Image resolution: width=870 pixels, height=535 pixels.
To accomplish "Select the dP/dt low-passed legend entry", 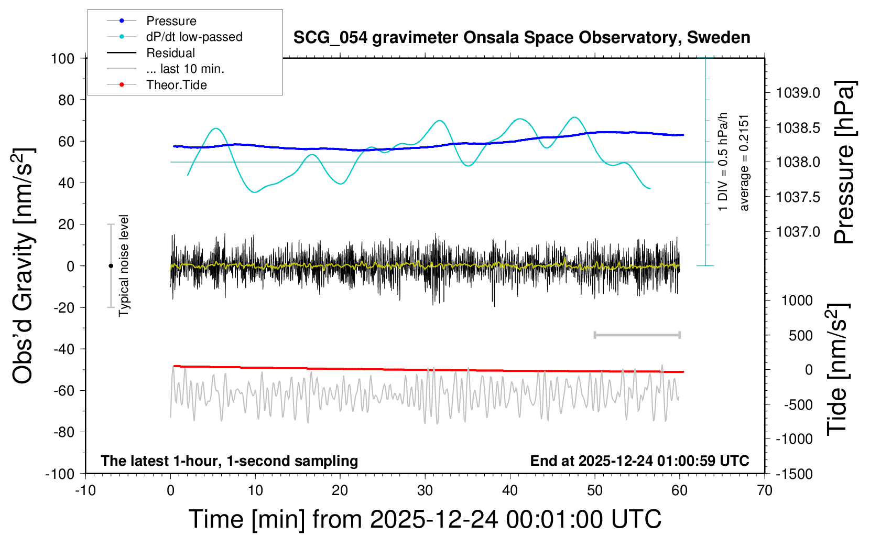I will [x=194, y=37].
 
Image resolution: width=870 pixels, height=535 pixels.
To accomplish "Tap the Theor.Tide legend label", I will [x=176, y=85].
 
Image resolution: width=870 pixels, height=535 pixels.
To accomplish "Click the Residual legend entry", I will [x=170, y=53].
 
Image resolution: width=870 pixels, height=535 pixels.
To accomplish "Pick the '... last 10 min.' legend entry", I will [x=185, y=69].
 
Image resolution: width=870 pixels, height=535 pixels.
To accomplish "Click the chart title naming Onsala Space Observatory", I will [x=521, y=38].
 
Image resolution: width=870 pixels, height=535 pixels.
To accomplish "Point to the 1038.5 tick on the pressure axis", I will [x=798, y=128].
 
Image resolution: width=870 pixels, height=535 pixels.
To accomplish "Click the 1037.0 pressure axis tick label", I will [x=798, y=232].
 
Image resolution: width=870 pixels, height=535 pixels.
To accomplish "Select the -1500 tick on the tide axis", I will [x=794, y=474].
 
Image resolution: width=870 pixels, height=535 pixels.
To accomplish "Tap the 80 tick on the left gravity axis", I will [x=66, y=100].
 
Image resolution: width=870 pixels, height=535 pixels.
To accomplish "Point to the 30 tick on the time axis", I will [x=425, y=491].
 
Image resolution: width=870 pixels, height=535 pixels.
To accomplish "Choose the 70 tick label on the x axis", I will [x=765, y=491].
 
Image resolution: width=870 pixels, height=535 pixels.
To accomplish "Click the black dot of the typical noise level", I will [x=111, y=266].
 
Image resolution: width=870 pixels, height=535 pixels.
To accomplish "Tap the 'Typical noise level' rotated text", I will [x=124, y=265].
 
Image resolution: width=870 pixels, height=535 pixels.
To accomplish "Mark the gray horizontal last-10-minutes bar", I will [x=637, y=335].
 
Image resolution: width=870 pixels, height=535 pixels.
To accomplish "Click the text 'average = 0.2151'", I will [x=744, y=163].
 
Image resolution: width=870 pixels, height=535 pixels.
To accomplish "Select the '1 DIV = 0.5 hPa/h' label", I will [x=723, y=162].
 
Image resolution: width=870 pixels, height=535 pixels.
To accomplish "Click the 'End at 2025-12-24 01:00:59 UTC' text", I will [x=639, y=461].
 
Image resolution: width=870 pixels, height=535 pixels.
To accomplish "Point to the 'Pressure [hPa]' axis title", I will [x=845, y=163].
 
